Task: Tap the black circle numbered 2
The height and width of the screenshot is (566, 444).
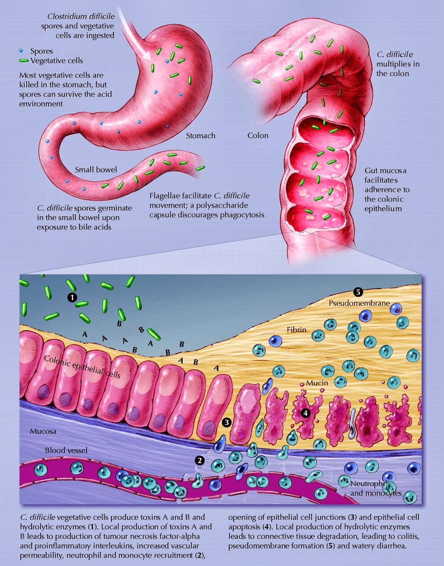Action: pos(200,460)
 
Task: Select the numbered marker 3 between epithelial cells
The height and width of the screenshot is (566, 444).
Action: pos(227,422)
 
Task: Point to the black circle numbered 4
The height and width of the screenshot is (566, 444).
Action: pos(304,413)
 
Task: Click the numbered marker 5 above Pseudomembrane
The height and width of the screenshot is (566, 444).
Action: pos(358,292)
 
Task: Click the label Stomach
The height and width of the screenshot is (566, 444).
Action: pos(201,136)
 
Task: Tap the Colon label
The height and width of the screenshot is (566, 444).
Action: pos(258,136)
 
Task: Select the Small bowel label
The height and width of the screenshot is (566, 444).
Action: pos(96,170)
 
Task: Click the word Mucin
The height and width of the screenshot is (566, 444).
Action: pos(317,383)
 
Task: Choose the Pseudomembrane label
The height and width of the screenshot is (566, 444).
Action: pos(359,304)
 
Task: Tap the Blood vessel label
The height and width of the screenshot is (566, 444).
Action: pos(66,451)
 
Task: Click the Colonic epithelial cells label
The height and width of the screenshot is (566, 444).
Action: pos(82,367)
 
